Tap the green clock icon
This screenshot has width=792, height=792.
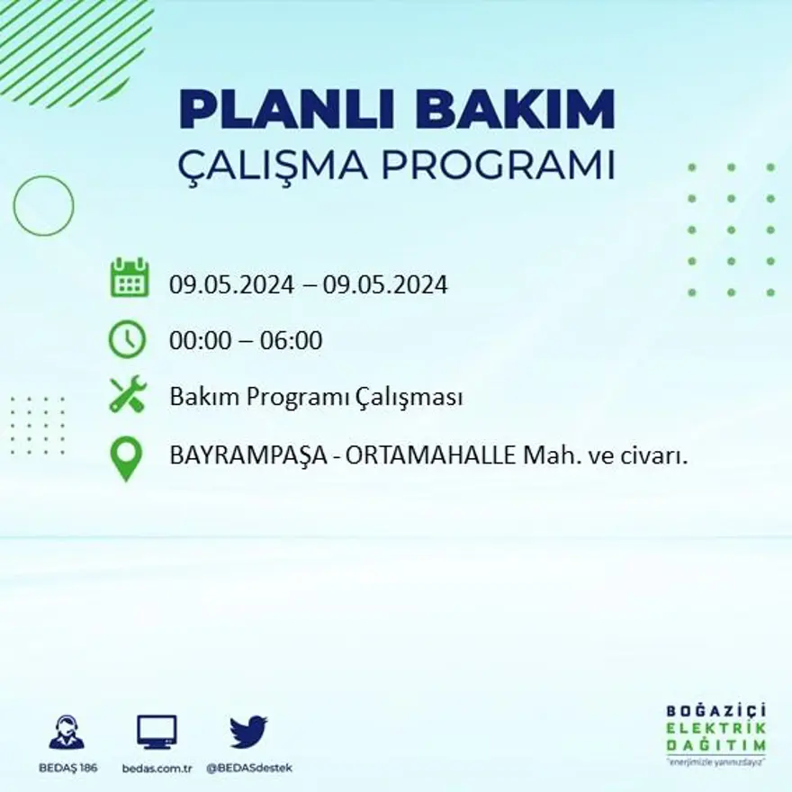pyautogui.click(x=127, y=339)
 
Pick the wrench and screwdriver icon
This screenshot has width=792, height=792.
pyautogui.click(x=127, y=395)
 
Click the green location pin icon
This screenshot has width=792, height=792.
pyautogui.click(x=127, y=457)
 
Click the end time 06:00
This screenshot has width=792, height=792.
pyautogui.click(x=291, y=341)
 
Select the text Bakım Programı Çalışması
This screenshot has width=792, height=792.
pyautogui.click(x=316, y=397)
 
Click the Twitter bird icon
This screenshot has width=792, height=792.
pyautogui.click(x=248, y=732)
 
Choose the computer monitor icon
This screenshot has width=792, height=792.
pyautogui.click(x=157, y=732)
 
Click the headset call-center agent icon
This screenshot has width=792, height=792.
pyautogui.click(x=67, y=733)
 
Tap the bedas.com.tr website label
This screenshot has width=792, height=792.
pyautogui.click(x=157, y=768)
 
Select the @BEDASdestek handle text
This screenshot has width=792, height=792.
pyautogui.click(x=248, y=768)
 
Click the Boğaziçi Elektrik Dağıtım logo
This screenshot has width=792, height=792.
pyautogui.click(x=715, y=733)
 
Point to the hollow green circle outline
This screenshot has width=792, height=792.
pyautogui.click(x=43, y=205)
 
